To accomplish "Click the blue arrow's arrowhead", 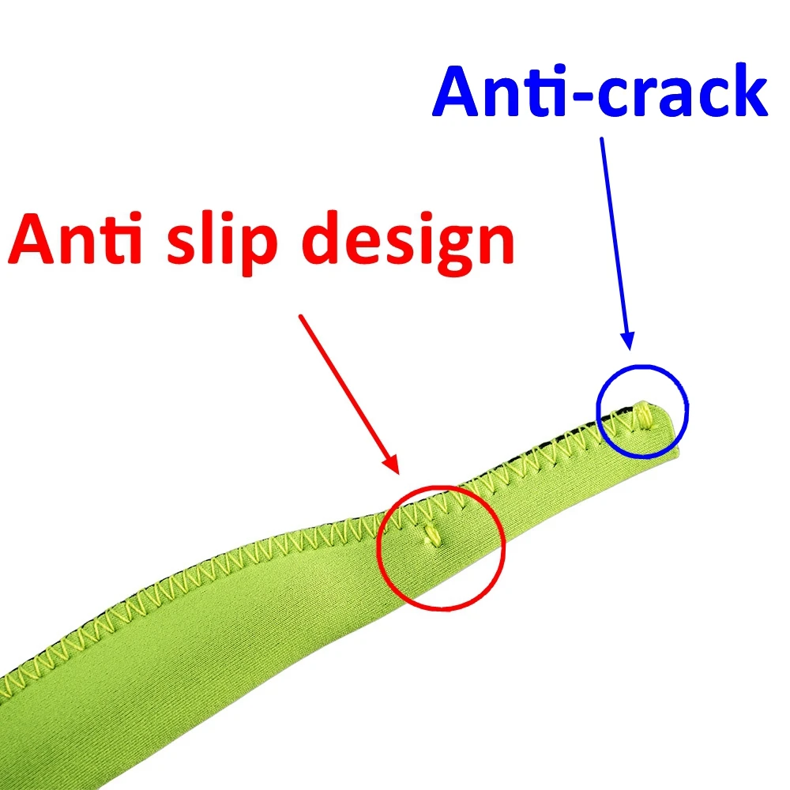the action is tap(627, 340).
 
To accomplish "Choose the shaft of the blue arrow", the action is tap(614, 237).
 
